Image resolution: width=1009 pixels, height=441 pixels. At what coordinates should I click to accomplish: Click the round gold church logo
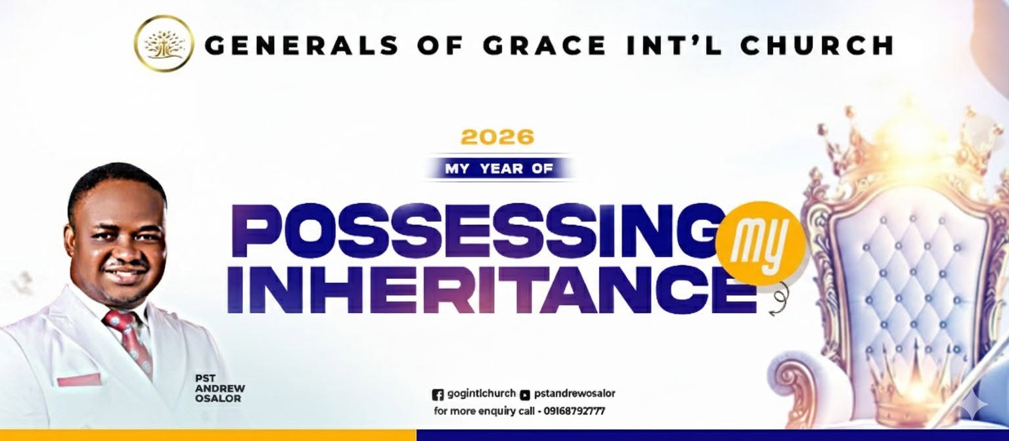(x=164, y=44)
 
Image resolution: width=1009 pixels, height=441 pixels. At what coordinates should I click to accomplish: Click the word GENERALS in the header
(x=305, y=45)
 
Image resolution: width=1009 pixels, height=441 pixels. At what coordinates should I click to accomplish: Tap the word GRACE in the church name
(x=545, y=45)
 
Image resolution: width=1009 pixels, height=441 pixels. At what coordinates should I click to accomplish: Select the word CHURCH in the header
(x=817, y=45)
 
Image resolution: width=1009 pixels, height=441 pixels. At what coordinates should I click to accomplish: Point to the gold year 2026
(x=498, y=136)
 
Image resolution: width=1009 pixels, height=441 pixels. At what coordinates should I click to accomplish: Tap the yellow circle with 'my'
(x=760, y=243)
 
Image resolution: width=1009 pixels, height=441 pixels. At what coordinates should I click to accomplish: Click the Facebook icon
(x=437, y=394)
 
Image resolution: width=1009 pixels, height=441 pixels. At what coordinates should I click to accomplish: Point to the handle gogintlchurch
(x=482, y=394)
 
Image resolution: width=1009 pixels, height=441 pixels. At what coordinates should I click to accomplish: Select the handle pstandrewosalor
(x=574, y=394)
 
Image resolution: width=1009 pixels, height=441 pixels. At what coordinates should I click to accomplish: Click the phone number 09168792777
(x=574, y=411)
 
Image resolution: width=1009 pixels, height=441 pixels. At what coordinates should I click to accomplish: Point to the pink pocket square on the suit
(x=79, y=380)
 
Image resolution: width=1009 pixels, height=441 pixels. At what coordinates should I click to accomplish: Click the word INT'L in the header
(x=673, y=45)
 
